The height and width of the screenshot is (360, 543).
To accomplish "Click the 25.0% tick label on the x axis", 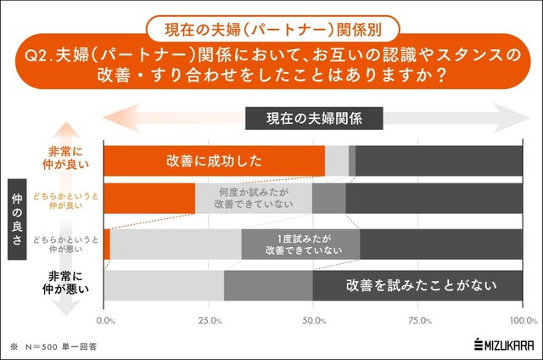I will coord(210,321).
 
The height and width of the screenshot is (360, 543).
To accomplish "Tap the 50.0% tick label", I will coord(315,321).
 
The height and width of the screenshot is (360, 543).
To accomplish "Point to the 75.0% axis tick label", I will coord(419,321).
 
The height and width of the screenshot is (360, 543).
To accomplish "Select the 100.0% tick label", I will coord(523,321).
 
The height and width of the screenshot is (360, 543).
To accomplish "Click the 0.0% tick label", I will coord(106,321).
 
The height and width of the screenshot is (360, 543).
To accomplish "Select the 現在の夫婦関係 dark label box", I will coord(314,117).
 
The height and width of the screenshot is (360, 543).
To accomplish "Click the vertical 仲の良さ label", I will coord(19,221).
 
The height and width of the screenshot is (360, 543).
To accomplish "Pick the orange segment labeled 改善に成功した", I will coord(214,160).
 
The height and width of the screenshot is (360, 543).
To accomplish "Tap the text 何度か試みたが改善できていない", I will coord(253,198).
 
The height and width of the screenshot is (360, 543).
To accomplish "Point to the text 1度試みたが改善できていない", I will coord(303,244).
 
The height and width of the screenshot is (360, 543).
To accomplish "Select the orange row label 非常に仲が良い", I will coord(76,160).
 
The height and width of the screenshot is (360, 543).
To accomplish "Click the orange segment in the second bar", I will coord(149,198).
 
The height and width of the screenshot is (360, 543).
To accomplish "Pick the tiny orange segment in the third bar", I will coord(107,244).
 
